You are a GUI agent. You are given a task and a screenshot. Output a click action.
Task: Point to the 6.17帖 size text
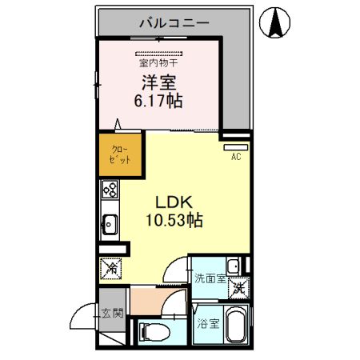pos(158,101)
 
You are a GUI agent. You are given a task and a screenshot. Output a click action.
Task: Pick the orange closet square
pos(114,154)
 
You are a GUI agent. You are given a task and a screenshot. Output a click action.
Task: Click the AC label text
pos(236,157)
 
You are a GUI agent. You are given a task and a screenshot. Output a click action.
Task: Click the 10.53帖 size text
pos(174,220)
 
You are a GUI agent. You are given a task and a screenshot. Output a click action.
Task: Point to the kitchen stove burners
pos(110,191)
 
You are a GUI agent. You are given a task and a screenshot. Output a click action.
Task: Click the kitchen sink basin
pos(110,225)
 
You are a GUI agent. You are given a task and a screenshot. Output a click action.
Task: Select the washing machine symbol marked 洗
pos(238,289)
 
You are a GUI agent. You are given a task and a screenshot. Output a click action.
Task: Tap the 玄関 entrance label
pos(112,314)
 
